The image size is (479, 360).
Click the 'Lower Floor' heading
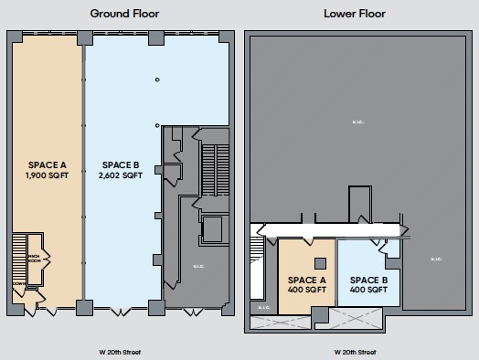click(354, 14)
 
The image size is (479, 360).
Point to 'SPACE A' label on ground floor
click(48, 164)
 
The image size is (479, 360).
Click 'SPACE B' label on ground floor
click(121, 164)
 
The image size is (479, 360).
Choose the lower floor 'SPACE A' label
click(306, 280)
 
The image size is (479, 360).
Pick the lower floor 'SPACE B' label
click(369, 280)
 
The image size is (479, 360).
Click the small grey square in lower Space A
click(318, 264)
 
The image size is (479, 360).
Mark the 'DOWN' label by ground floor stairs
click(18, 284)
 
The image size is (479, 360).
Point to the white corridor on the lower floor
click(329, 229)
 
